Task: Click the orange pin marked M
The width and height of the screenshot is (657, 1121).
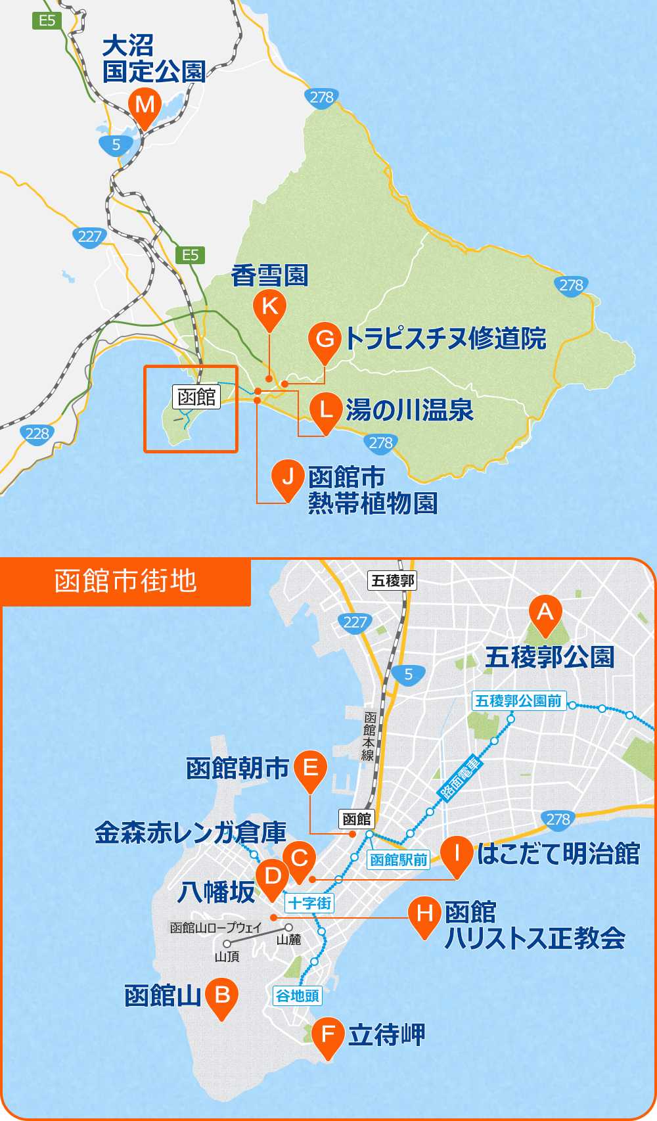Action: (145, 105)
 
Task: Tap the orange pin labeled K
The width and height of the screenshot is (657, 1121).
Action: (269, 306)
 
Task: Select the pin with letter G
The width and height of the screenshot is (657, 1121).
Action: (325, 340)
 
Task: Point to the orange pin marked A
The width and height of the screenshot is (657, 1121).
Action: (545, 612)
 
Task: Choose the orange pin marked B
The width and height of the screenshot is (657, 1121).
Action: (222, 995)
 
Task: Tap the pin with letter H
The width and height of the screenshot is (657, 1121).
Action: (424, 913)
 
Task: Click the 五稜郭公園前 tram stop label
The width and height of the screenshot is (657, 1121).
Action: (518, 700)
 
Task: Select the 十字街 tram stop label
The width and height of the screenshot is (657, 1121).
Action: (309, 904)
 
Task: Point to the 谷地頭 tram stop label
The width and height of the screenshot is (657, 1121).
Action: (297, 996)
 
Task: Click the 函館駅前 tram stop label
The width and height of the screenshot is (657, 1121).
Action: (398, 859)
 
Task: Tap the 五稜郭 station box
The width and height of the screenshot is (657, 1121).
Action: (392, 580)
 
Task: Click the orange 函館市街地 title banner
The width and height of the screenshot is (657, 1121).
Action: (125, 582)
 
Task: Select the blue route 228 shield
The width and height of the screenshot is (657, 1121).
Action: (37, 434)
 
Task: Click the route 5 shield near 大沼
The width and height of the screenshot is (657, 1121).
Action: (116, 145)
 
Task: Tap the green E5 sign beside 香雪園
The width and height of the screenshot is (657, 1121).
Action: (190, 255)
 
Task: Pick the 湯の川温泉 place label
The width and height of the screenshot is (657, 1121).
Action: (409, 410)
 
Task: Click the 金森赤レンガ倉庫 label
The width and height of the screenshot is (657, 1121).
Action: (190, 833)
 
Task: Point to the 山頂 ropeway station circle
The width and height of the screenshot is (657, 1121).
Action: (227, 944)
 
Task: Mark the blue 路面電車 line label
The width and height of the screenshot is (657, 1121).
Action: (461, 778)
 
